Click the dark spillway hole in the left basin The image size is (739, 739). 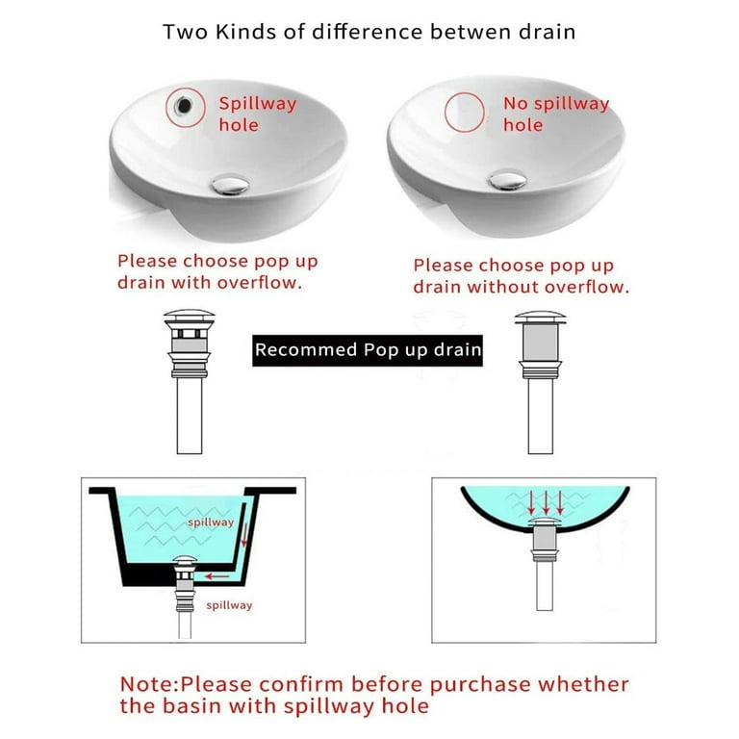pyautogui.click(x=184, y=106)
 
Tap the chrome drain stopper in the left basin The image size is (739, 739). pyautogui.click(x=230, y=184)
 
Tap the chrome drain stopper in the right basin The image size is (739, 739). pyautogui.click(x=508, y=180)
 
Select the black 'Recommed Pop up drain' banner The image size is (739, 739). pyautogui.click(x=368, y=350)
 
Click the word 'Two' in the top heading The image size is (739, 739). pyautogui.click(x=185, y=32)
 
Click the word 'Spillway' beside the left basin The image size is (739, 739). pyautogui.click(x=258, y=103)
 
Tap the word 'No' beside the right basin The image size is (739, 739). pyautogui.click(x=516, y=103)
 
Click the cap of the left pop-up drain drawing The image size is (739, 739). pyautogui.click(x=189, y=316)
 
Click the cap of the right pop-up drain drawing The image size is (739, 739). pyautogui.click(x=540, y=317)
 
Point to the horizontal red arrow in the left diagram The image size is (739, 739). pyautogui.click(x=217, y=576)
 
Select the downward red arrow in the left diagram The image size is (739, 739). pyautogui.click(x=244, y=535)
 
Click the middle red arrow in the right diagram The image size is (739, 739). pyautogui.click(x=546, y=503)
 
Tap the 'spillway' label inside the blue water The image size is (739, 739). pyautogui.click(x=211, y=522)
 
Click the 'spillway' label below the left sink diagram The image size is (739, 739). pyautogui.click(x=229, y=605)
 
